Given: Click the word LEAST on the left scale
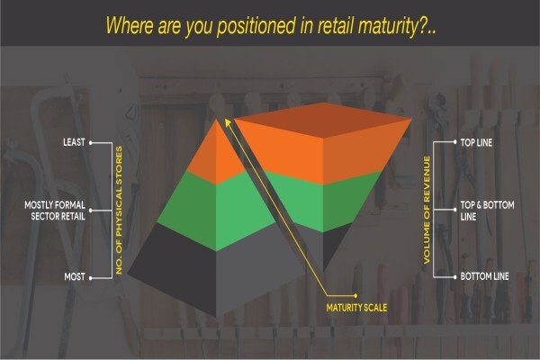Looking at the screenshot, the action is pyautogui.click(x=74, y=142).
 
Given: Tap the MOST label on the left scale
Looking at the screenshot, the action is pyautogui.click(x=75, y=276).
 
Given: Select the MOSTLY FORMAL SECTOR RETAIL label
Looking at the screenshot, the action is pyautogui.click(x=55, y=211).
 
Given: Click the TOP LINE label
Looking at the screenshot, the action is pyautogui.click(x=476, y=142).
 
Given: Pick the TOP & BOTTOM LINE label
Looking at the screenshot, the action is pyautogui.click(x=487, y=211).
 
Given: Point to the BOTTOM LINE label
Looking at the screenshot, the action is pyautogui.click(x=484, y=276).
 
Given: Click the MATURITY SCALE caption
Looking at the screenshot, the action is pyautogui.click(x=356, y=308).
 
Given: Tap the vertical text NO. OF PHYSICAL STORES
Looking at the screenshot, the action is pyautogui.click(x=119, y=210).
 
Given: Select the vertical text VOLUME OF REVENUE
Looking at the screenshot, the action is pyautogui.click(x=427, y=210).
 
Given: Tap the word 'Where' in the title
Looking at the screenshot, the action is pyautogui.click(x=128, y=25).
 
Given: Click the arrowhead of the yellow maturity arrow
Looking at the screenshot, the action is pyautogui.click(x=228, y=122).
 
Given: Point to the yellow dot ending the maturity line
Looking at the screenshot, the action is pyautogui.click(x=355, y=295).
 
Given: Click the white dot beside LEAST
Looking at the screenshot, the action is pyautogui.click(x=91, y=142).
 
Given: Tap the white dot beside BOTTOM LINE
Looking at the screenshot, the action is pyautogui.click(x=454, y=276).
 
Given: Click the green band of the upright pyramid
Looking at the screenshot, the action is pyautogui.click(x=216, y=210).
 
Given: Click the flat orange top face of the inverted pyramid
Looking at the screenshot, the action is pyautogui.click(x=323, y=120).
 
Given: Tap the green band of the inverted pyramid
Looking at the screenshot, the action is pyautogui.click(x=323, y=203).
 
